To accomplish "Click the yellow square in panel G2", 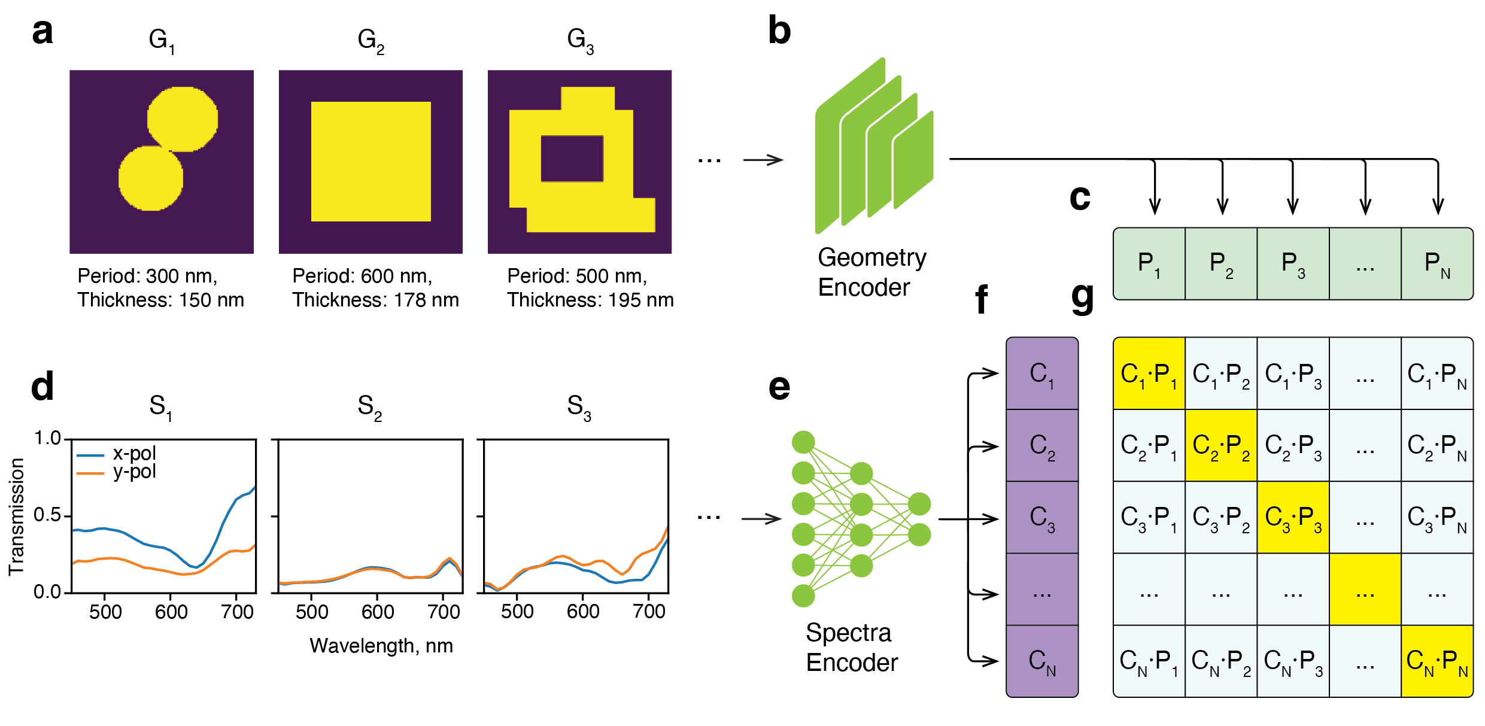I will [371, 162].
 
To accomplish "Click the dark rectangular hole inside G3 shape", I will [572, 159].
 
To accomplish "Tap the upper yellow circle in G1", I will [183, 119].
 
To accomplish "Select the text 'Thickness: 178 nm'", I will [375, 300].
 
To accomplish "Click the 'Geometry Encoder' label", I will [871, 272].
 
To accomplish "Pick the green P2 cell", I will [1221, 263].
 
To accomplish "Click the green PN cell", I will [1437, 263].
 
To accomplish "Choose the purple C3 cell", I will [1042, 518].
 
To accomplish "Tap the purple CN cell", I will [1042, 661].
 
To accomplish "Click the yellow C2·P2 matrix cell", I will [1221, 446].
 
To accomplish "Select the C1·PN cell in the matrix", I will [1437, 374].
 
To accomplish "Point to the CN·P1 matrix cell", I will [1149, 661].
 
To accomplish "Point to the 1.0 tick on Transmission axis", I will [48, 438].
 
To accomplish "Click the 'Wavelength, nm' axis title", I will [381, 646].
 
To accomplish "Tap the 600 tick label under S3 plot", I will [583, 612].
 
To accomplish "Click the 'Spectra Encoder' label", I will [851, 648].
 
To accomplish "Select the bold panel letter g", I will [1082, 297].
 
